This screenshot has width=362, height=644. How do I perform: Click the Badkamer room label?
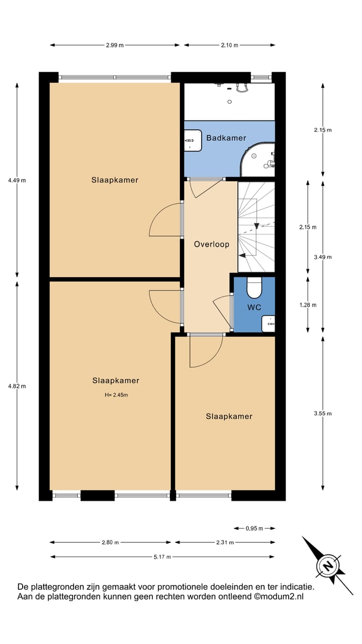coord(226,138)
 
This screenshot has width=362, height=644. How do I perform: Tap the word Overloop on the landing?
coord(212,245)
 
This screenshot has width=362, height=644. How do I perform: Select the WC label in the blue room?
coord(254,307)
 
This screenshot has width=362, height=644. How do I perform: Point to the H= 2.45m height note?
coord(116,395)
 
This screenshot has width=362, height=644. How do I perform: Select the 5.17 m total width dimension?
coord(162,557)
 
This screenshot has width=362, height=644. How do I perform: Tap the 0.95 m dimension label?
coord(254,528)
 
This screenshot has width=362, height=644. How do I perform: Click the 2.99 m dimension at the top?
coord(115,45)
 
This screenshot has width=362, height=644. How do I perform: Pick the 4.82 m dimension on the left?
coord(17,386)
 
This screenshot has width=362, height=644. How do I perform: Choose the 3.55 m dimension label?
coord(322,414)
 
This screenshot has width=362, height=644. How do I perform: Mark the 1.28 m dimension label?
coord(307,305)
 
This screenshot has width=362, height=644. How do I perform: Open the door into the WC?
coord(223,312)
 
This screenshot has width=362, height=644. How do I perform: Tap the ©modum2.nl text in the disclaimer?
coord(279,597)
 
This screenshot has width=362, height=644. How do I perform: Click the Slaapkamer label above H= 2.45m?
coord(116,380)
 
